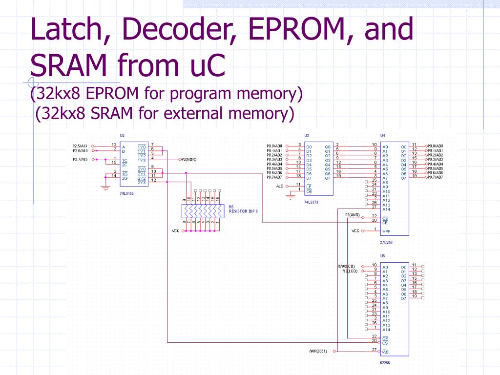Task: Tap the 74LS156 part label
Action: point(126,193)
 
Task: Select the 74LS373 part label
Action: point(311,202)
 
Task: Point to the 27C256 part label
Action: point(386,242)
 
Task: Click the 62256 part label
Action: point(385,362)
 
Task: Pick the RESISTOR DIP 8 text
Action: point(243,211)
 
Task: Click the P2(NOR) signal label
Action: point(189,159)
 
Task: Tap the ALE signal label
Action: point(280,186)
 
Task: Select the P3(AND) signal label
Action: point(352,215)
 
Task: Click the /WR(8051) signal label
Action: point(318,351)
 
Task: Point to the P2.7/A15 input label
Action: point(80,159)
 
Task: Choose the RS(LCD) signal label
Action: point(350,271)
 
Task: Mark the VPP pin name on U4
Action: point(386,231)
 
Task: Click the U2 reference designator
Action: point(122,135)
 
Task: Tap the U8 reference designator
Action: point(382,255)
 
